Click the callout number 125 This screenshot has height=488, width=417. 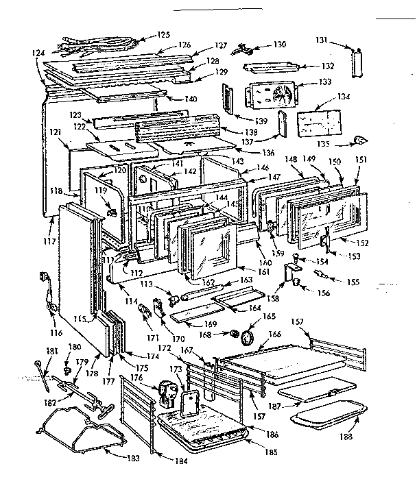[x=163, y=34]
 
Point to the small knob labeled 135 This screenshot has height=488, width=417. [x=358, y=141]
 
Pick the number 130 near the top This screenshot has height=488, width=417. [x=278, y=45]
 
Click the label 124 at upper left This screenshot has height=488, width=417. [x=39, y=51]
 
